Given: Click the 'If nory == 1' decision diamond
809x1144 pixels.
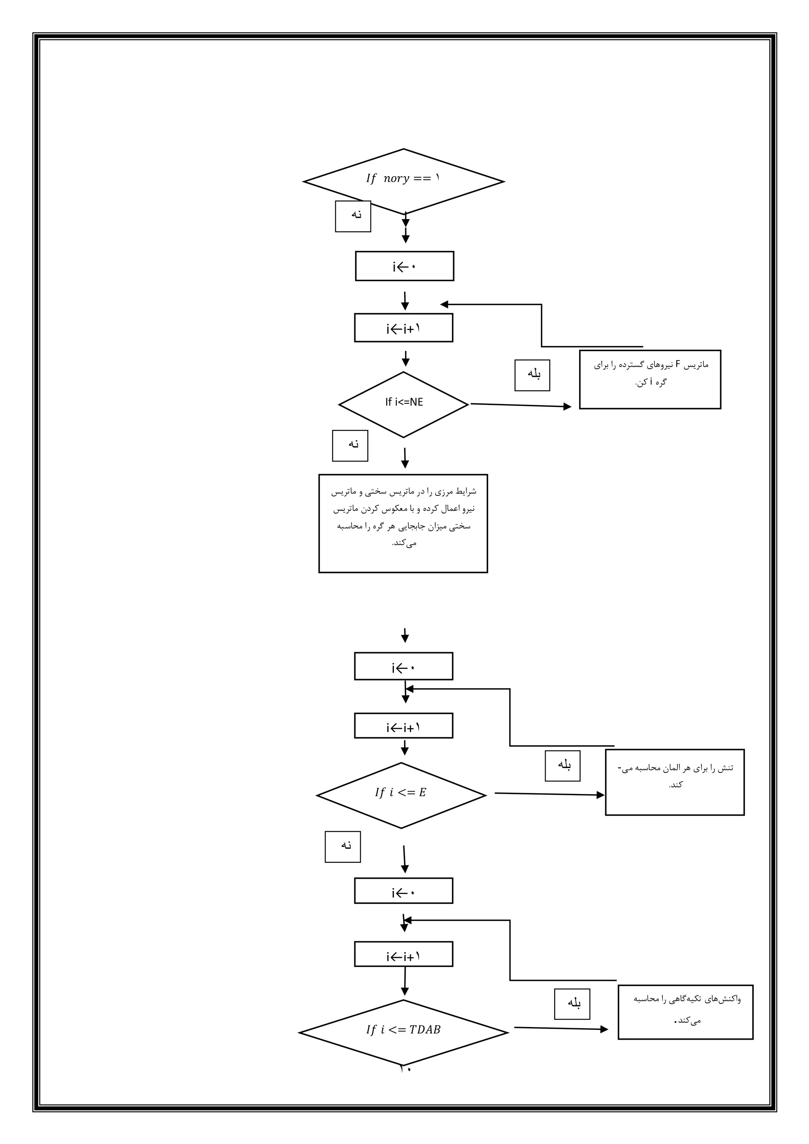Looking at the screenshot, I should point(403,181).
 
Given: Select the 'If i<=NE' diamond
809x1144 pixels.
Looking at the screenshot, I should point(403,405).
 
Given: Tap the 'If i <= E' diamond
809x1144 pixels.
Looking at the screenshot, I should point(401,795).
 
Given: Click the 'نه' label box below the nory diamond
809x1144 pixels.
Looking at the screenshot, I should point(353,216).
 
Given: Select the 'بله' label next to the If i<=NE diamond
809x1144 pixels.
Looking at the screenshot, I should point(532,375).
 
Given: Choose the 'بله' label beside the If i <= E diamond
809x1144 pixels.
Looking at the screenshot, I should point(563,766).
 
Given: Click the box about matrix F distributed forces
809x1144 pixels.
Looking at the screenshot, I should point(649,380).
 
